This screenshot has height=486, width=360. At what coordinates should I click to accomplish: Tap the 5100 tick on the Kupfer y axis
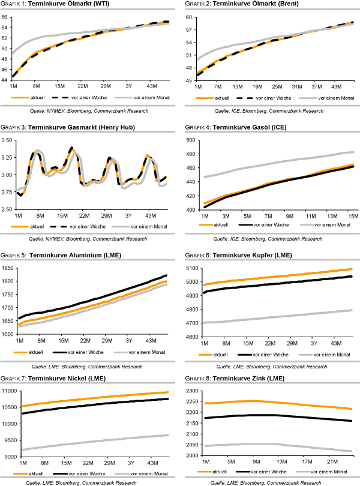pos(191,268)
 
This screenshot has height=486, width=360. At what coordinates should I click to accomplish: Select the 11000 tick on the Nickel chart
pos(10,391)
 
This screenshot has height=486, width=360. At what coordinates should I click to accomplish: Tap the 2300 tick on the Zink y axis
pos(191,391)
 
